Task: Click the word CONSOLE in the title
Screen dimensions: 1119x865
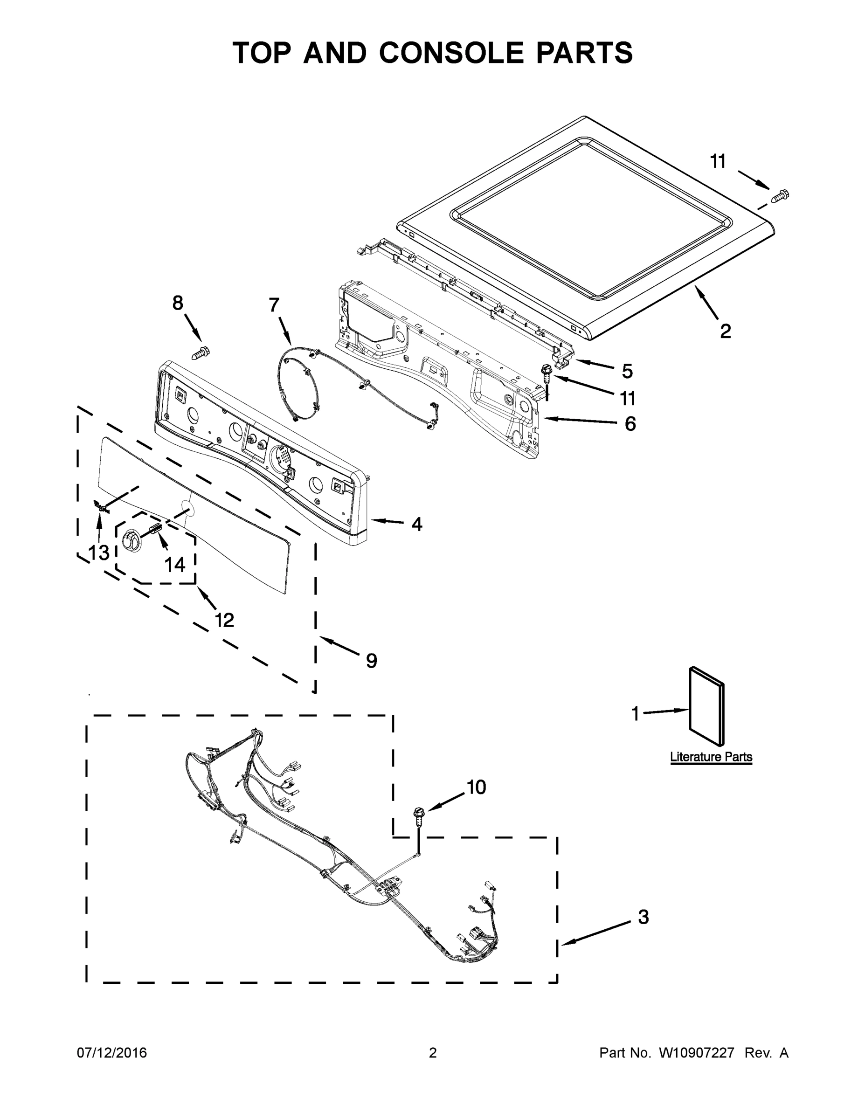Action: point(451,53)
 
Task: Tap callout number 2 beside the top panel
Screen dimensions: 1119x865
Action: point(725,332)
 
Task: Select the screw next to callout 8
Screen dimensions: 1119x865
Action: point(201,353)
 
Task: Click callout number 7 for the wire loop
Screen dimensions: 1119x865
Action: point(274,305)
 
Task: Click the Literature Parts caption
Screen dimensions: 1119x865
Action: point(711,757)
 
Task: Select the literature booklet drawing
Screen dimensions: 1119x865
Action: point(706,705)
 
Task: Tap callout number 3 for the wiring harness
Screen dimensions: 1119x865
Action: point(643,917)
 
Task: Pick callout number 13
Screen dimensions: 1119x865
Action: point(98,553)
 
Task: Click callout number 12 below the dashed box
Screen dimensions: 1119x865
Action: point(224,620)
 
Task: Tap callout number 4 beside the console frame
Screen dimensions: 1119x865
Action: point(416,524)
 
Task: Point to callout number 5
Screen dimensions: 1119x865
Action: point(627,371)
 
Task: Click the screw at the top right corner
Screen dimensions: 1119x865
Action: point(780,195)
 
